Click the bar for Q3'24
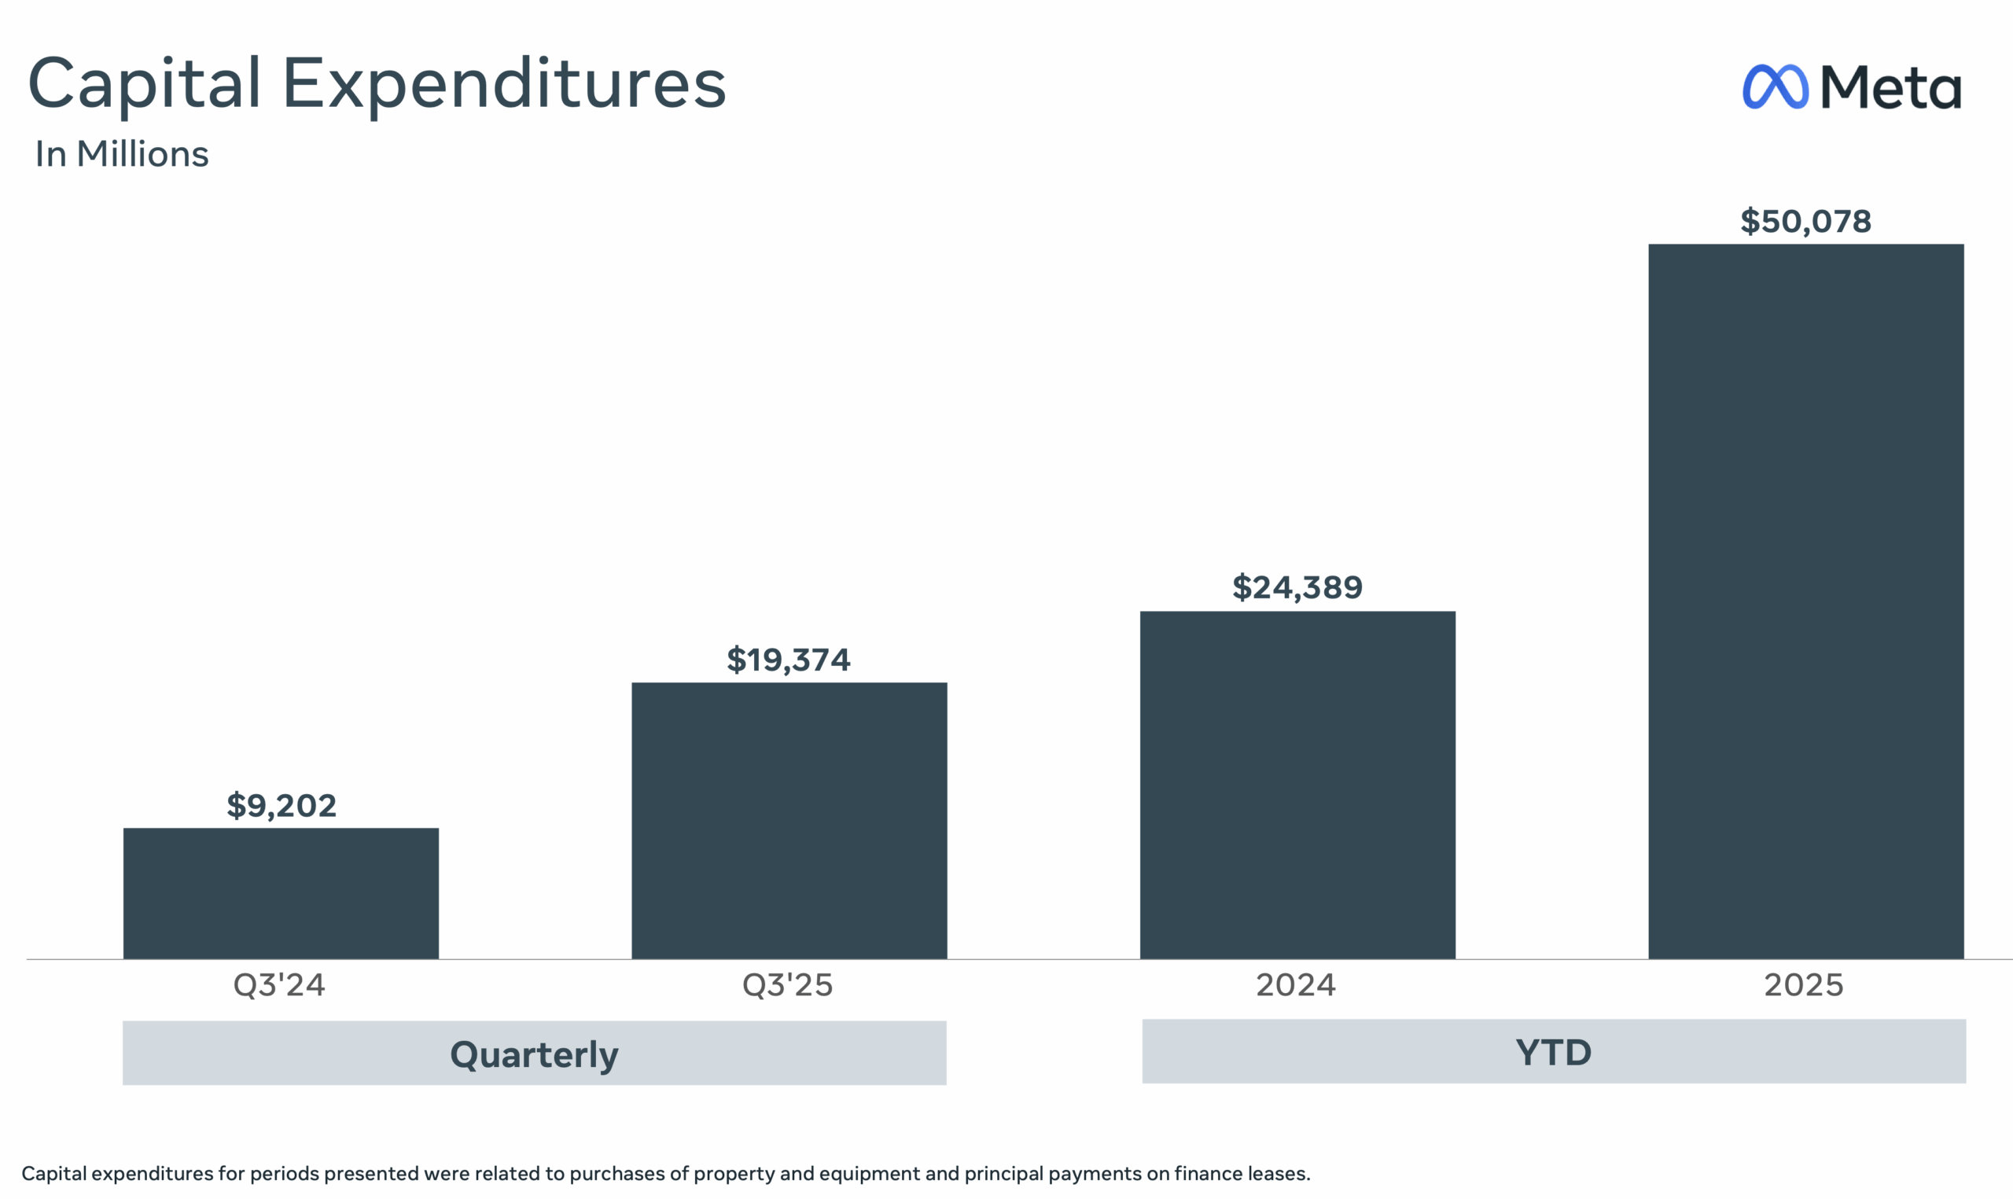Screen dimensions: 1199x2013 pyautogui.click(x=280, y=893)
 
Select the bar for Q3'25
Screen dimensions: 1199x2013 pyautogui.click(x=789, y=820)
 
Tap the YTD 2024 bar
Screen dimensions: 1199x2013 pyautogui.click(x=1297, y=785)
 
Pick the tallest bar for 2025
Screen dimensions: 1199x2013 pyautogui.click(x=1805, y=601)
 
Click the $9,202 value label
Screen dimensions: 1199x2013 pyautogui.click(x=281, y=806)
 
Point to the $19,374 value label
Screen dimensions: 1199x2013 pyautogui.click(x=789, y=660)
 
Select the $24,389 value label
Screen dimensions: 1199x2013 pyautogui.click(x=1297, y=587)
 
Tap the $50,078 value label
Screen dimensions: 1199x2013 pyautogui.click(x=1805, y=222)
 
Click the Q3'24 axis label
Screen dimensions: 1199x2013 pyautogui.click(x=279, y=985)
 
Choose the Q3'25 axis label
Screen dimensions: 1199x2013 pyautogui.click(x=788, y=985)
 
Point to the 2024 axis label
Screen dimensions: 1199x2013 pyautogui.click(x=1296, y=985)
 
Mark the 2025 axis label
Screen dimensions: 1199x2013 pyautogui.click(x=1804, y=985)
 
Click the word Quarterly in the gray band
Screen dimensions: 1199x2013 pyautogui.click(x=534, y=1054)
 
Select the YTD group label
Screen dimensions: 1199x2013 pyautogui.click(x=1553, y=1052)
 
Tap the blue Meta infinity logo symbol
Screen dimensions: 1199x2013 pyautogui.click(x=1775, y=86)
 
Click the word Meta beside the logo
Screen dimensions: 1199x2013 pyautogui.click(x=1891, y=87)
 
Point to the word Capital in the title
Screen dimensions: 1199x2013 pyautogui.click(x=145, y=84)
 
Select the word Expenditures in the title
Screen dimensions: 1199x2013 pyautogui.click(x=504, y=84)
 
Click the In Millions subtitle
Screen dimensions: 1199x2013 pyautogui.click(x=122, y=153)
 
